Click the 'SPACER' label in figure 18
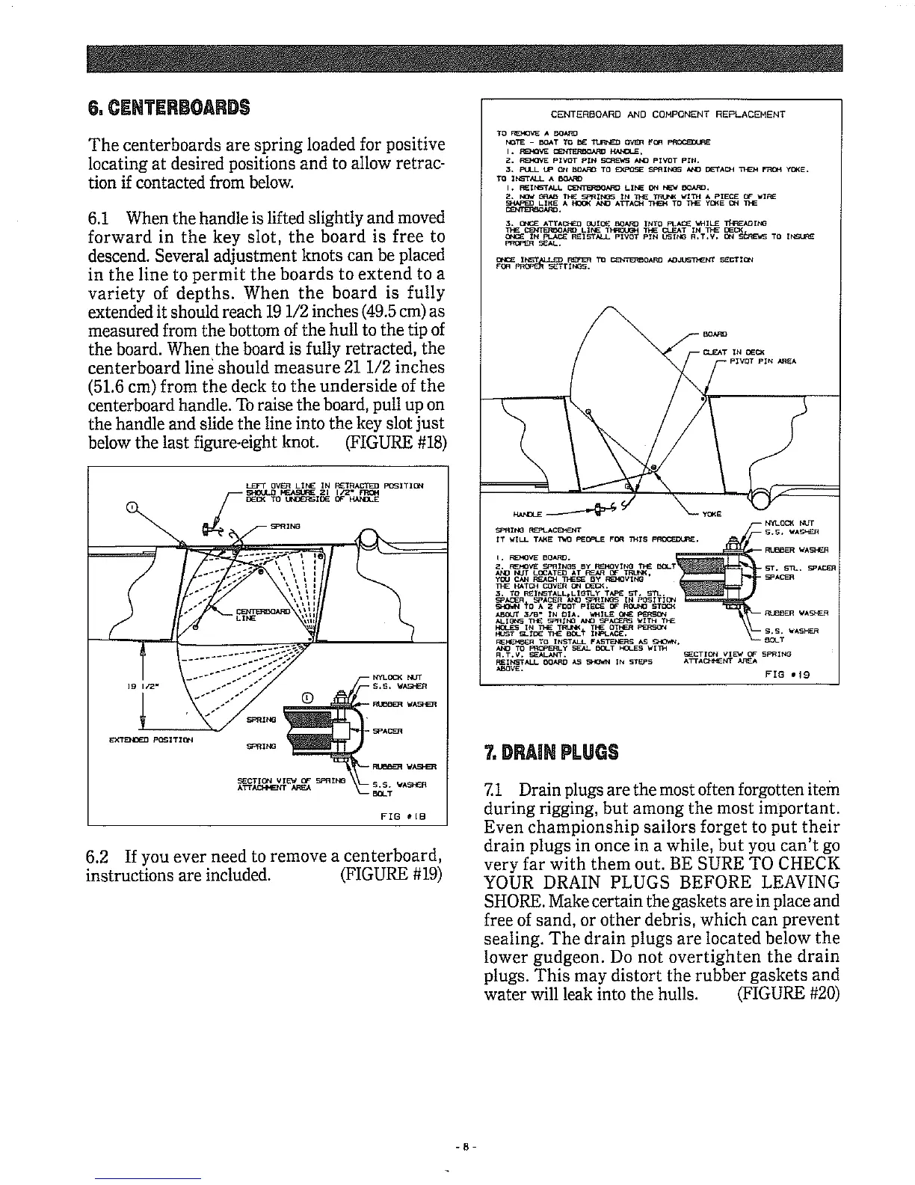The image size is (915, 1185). pyautogui.click(x=389, y=731)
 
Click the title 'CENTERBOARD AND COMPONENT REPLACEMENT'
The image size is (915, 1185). pyautogui.click(x=662, y=115)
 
